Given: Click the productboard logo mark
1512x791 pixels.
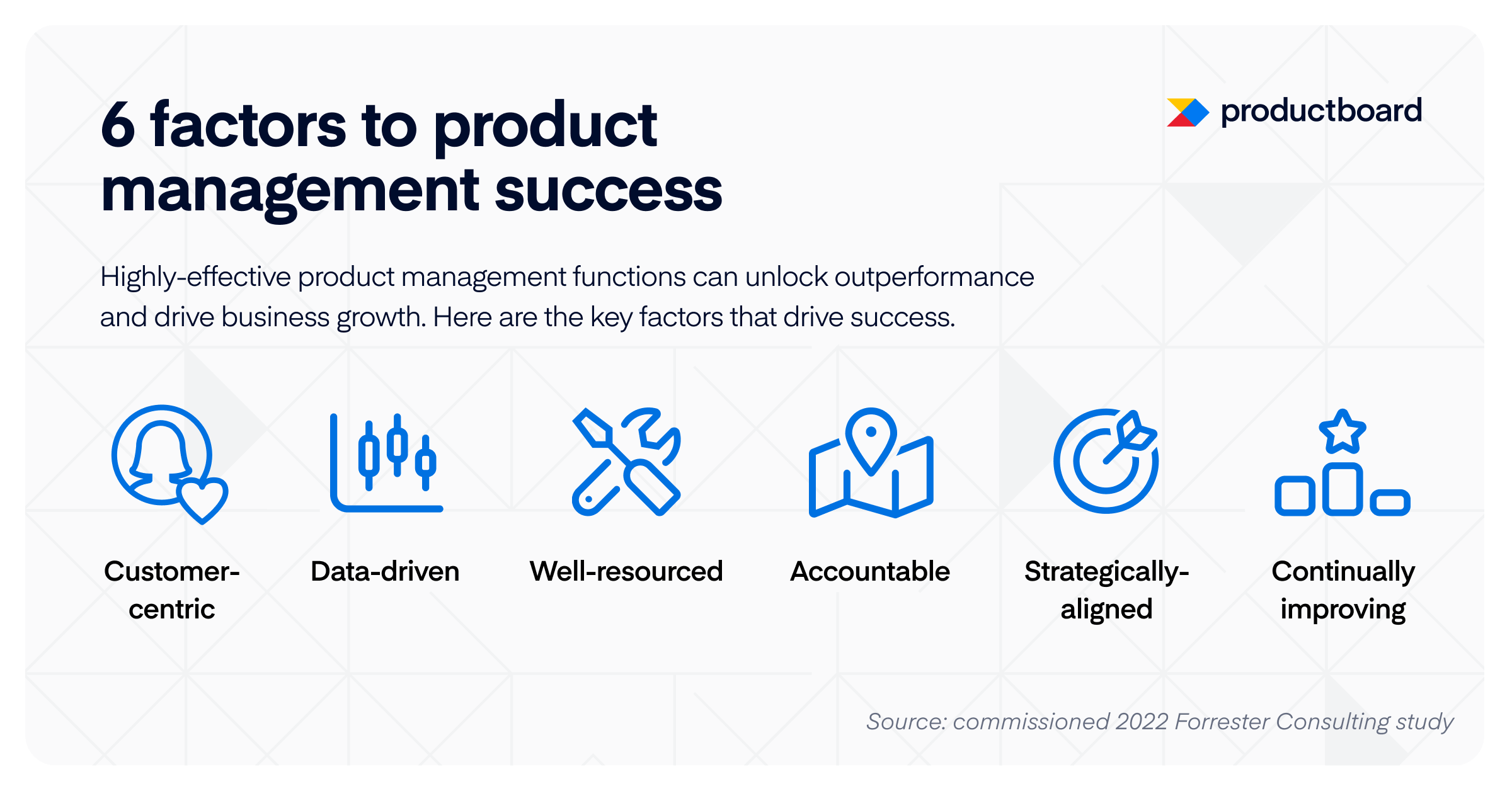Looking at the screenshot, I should point(1187,113).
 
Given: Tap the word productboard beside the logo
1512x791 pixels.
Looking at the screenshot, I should point(1321,111).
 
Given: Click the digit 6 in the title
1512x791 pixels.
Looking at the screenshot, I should point(118,125).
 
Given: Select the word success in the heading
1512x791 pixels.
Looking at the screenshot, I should point(608,191).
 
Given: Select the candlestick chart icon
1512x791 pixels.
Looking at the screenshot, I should point(386,462).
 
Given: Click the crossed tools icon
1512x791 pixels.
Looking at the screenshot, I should point(626,462).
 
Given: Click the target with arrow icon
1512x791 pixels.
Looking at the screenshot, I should point(1106,461).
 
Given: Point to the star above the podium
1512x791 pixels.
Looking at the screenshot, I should point(1342,432).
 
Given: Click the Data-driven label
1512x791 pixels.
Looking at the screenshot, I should point(385,572).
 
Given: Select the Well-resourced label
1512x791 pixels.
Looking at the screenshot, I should point(626,572).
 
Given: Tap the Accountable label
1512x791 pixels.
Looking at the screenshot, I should point(870,572).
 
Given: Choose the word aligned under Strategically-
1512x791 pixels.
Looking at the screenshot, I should point(1106,610).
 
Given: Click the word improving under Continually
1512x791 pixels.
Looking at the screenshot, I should point(1343,610).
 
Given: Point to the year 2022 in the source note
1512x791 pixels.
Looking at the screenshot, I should point(1142,722).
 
